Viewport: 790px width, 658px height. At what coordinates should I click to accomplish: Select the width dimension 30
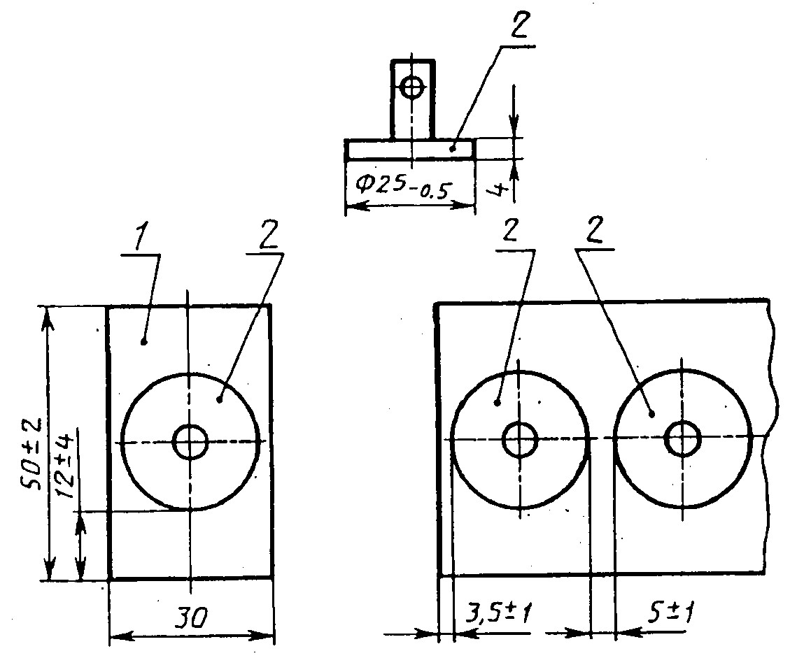click(190, 617)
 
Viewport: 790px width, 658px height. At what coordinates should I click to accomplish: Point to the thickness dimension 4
click(498, 190)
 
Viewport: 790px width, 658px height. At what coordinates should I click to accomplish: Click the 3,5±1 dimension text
click(498, 614)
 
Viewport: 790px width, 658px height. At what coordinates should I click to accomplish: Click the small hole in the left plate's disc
click(190, 442)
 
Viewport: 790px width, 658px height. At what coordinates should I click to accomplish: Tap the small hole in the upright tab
click(412, 88)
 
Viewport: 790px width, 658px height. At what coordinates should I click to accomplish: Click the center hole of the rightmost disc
click(683, 438)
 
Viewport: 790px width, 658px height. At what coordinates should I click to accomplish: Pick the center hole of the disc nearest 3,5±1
click(521, 439)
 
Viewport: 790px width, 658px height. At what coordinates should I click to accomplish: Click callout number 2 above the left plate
click(269, 235)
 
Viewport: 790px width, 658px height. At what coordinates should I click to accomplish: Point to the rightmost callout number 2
click(595, 231)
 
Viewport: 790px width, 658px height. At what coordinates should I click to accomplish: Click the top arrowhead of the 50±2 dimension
click(48, 317)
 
